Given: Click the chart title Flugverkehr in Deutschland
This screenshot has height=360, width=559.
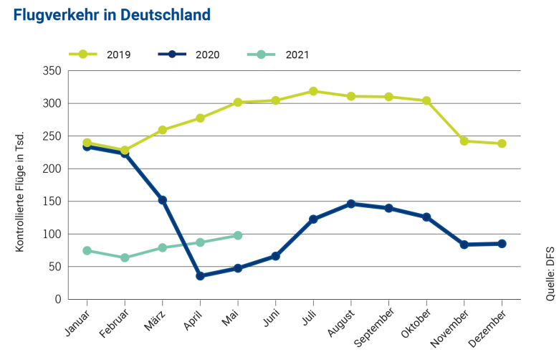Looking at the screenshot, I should click(x=112, y=15).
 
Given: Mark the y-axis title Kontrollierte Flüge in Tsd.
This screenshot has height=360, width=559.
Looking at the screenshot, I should click(x=20, y=191).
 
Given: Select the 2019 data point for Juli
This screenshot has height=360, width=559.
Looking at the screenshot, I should click(x=313, y=91).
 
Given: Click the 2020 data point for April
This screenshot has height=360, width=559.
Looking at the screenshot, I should click(x=200, y=275).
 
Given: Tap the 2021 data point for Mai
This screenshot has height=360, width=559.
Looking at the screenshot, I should click(x=238, y=235).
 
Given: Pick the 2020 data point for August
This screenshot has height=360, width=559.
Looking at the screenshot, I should click(x=351, y=204).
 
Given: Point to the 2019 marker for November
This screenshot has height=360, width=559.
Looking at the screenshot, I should click(x=464, y=141).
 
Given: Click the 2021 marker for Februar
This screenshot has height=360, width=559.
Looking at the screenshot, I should click(x=125, y=257).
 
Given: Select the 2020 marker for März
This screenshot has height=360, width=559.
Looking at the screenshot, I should click(x=163, y=200).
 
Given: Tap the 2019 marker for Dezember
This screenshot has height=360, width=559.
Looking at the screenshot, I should click(x=502, y=143).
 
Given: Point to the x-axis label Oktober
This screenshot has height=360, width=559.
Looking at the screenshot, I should click(x=416, y=323).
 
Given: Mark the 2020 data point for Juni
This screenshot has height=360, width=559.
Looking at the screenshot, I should click(x=275, y=256).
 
